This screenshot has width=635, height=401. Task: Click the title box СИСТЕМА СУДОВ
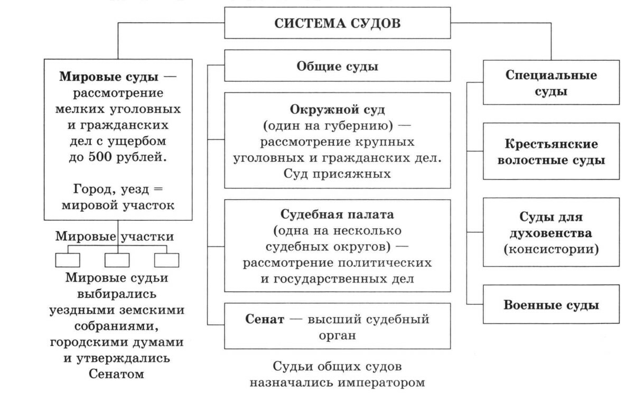tap(338, 23)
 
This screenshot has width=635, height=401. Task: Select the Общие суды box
tap(338, 66)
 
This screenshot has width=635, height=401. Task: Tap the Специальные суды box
tap(551, 82)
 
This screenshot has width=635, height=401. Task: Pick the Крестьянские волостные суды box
tap(551, 152)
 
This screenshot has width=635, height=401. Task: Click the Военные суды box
tap(551, 305)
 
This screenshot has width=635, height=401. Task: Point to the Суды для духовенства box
tap(551, 232)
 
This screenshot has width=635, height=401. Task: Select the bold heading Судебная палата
tap(338, 215)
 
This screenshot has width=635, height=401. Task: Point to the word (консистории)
tap(551, 249)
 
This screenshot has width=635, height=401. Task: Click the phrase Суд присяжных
tap(338, 173)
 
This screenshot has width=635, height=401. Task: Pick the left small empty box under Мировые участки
tap(68, 260)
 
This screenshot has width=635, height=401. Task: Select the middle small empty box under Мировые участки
tap(117, 260)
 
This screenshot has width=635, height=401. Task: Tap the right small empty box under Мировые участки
tap(166, 260)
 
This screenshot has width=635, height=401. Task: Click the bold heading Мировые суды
tap(108, 77)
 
